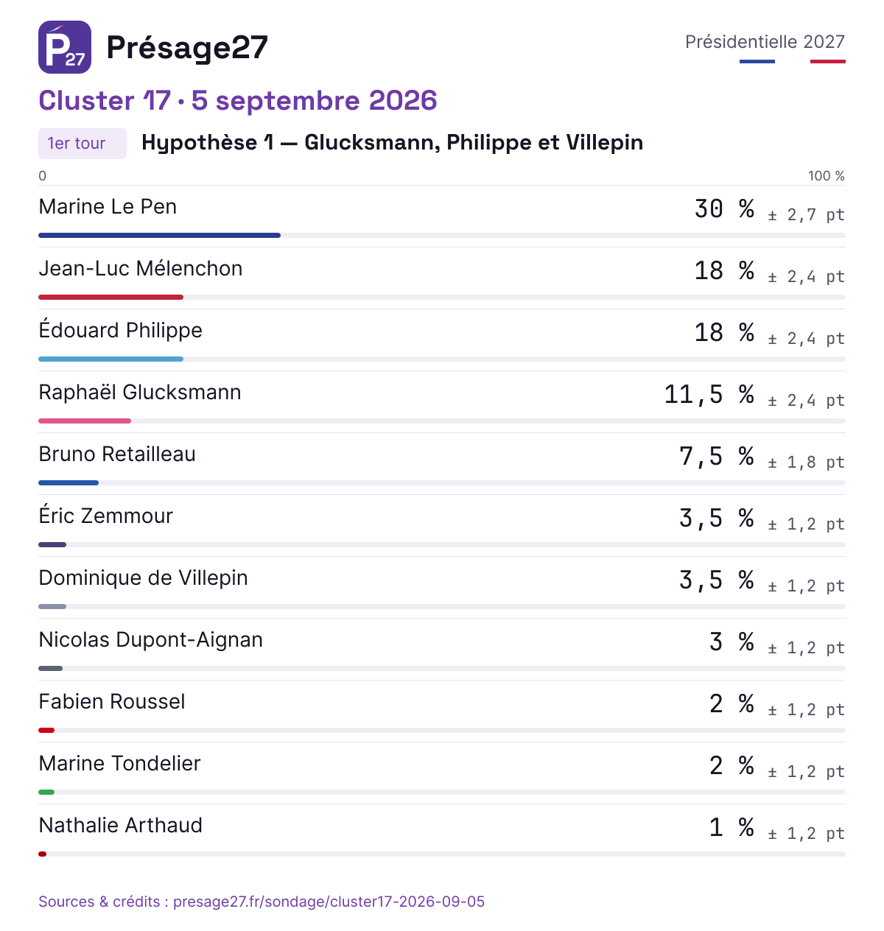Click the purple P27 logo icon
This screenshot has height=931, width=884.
(64, 47)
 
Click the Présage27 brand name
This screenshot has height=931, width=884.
(187, 48)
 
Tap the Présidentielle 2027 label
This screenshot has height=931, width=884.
(765, 42)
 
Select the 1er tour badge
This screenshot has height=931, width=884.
(83, 143)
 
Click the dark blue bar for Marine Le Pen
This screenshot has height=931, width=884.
(159, 236)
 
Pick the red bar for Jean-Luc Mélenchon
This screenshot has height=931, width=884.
(110, 297)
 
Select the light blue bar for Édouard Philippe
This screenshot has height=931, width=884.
(110, 359)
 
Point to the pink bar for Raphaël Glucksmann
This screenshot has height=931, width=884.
(84, 421)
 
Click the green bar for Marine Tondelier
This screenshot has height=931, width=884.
(46, 792)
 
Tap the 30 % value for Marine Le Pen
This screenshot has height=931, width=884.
(724, 208)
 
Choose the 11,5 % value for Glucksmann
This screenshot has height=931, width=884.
(709, 394)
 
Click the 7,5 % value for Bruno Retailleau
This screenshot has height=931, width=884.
(716, 456)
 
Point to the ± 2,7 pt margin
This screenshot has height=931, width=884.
(807, 215)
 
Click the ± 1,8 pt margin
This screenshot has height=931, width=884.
(807, 462)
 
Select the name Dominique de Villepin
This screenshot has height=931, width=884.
(143, 577)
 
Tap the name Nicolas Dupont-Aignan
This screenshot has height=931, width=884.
(151, 640)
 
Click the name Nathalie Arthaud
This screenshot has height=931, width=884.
(120, 825)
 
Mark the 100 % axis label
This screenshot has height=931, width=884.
(827, 176)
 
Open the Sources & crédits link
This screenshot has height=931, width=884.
(262, 901)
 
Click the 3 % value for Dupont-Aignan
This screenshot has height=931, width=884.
(732, 642)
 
